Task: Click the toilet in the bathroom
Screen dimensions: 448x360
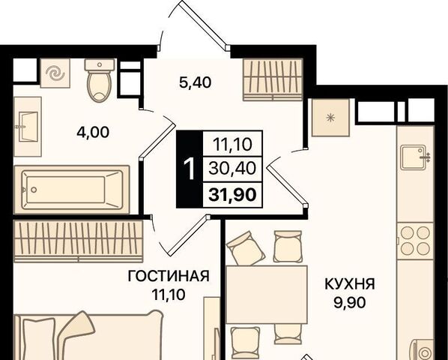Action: coord(99,80)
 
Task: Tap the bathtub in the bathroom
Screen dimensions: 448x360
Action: coord(72,190)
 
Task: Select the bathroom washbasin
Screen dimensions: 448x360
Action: coord(28,127)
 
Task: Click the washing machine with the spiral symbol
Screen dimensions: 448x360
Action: coord(55,73)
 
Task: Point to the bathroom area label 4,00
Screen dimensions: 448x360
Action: coord(93,133)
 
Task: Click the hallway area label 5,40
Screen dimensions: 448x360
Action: coord(195,82)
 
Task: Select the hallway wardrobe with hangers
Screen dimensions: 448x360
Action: coord(273,79)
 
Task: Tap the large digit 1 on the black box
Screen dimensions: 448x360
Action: coord(189,169)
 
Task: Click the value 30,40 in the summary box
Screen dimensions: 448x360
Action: coord(232,168)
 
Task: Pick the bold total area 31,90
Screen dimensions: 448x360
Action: coord(232,195)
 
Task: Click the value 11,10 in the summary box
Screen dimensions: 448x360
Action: coord(232,145)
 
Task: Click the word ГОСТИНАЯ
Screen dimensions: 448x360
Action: coord(169,276)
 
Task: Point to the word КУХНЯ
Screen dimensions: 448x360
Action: coord(350,284)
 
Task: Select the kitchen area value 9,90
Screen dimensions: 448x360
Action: coord(350,302)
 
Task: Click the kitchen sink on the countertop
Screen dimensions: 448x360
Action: coord(415,157)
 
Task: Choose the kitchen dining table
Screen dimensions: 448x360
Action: coord(267,295)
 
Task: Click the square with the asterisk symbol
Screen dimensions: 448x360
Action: coord(330,118)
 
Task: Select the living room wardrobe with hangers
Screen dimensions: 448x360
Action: coord(78,241)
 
